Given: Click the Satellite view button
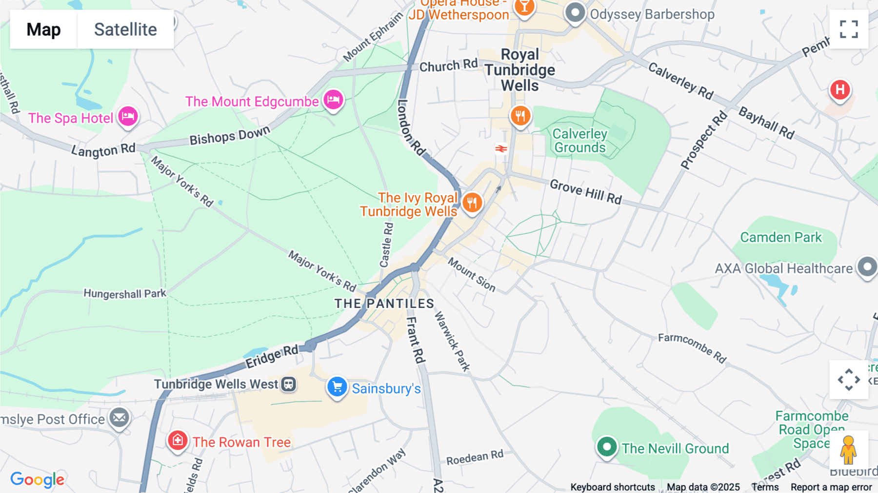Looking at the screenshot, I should point(125,29).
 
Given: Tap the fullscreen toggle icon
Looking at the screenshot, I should point(849,29).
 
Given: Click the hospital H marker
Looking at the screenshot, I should point(840,90).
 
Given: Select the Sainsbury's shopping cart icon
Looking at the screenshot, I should point(337,387).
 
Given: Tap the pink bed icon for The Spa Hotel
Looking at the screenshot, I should point(128,117).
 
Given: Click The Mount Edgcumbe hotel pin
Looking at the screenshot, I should point(334,100).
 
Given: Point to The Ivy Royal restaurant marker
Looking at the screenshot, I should point(472,203).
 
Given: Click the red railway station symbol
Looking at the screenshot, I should point(501,148).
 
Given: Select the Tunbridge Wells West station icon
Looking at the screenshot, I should point(288,384).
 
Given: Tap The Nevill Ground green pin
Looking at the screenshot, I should point(607,447).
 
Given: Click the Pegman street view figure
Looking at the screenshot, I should point(848,450).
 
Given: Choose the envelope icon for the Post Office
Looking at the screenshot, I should point(119,418).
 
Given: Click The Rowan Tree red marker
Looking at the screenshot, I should point(178,441).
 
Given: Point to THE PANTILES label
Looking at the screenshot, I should point(384,304).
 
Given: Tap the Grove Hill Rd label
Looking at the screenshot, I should point(585,192).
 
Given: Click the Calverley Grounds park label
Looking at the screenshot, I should point(579,141).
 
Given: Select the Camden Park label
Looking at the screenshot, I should point(780,237).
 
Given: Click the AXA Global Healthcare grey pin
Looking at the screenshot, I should point(867,267).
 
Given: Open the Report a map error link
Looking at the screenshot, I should point(831,487).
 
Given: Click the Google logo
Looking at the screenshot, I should point(37,479).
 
